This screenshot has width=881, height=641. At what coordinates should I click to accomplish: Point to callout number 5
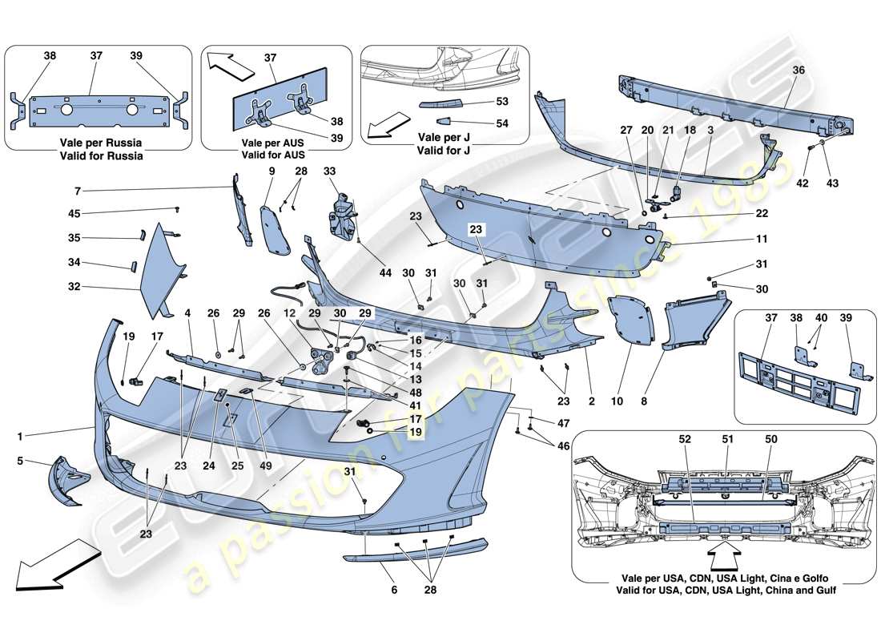click(21, 462)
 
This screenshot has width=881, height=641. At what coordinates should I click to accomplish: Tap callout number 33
click(330, 171)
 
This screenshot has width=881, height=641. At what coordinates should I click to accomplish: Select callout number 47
click(564, 421)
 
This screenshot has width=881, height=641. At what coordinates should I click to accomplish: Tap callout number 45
click(74, 213)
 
